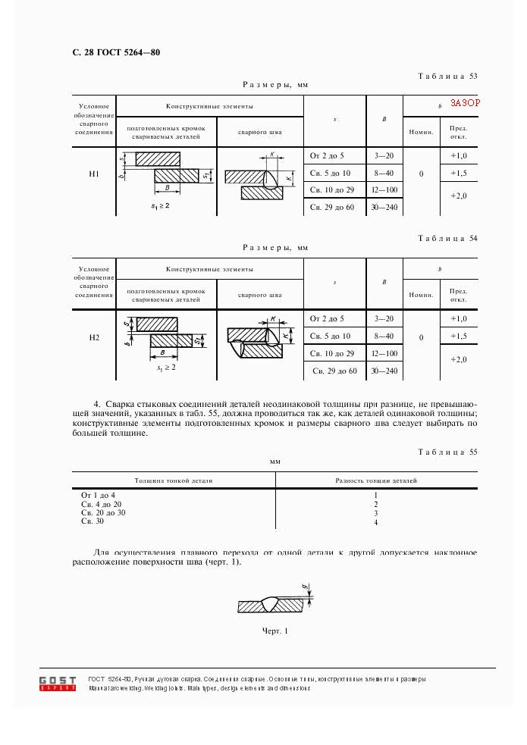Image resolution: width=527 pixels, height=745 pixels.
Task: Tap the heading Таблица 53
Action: click(447, 76)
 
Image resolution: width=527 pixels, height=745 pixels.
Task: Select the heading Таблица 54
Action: click(447, 239)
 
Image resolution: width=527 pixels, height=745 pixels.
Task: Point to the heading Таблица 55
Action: click(447, 452)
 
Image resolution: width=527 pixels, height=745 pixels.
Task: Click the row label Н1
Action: click(94, 174)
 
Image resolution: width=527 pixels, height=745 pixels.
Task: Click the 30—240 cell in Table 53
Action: click(384, 208)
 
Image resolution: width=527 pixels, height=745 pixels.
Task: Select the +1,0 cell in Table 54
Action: click(458, 319)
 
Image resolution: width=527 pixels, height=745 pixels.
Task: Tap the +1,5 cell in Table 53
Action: click(458, 174)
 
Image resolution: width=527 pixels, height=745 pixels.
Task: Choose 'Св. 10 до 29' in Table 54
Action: click(333, 354)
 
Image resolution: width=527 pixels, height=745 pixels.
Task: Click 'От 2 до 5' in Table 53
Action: click(328, 155)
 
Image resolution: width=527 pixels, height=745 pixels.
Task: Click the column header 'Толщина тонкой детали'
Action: click(174, 480)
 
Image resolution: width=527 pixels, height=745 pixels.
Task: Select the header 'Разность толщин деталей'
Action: click(376, 480)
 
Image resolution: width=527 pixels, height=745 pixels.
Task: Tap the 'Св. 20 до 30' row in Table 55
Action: click(103, 513)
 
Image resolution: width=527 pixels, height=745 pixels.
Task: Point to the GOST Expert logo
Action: click(58, 682)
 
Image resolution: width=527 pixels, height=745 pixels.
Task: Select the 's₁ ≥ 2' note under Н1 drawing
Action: click(160, 205)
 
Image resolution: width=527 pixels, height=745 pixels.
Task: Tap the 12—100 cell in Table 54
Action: click(384, 354)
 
